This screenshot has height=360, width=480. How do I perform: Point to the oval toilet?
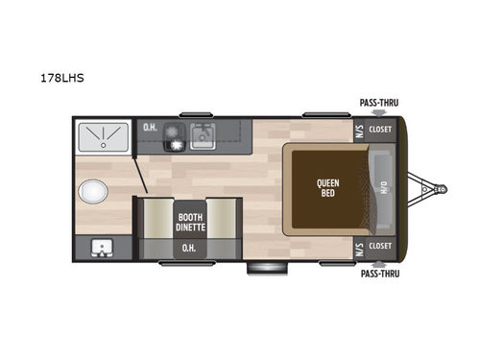(94, 192)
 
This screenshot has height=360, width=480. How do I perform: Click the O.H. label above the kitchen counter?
(150, 128)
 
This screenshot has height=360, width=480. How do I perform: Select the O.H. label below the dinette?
(188, 248)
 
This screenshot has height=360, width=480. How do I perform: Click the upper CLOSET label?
(381, 128)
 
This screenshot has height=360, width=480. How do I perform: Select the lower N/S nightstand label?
(359, 246)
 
